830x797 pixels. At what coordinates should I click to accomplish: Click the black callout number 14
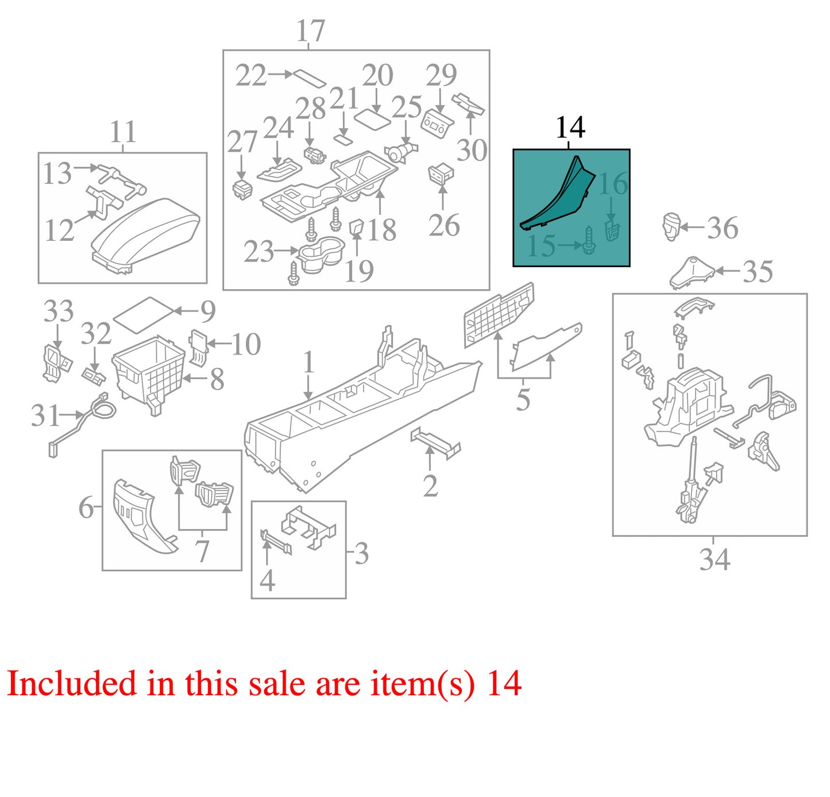[x=570, y=127]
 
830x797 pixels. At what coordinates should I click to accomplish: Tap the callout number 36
[x=723, y=228]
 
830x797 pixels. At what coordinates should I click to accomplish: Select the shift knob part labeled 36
[x=671, y=226]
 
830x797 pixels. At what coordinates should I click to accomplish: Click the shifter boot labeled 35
[x=692, y=272]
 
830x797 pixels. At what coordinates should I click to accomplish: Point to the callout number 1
[x=308, y=363]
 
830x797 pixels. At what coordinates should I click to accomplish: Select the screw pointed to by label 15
[x=589, y=240]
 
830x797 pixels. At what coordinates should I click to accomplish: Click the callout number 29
[x=441, y=75]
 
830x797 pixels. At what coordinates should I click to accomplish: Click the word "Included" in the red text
[x=72, y=683]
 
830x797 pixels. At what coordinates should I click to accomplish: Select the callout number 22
[x=251, y=76]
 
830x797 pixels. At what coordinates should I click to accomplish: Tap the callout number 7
[x=202, y=552]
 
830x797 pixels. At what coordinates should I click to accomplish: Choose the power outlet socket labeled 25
[x=401, y=152]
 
